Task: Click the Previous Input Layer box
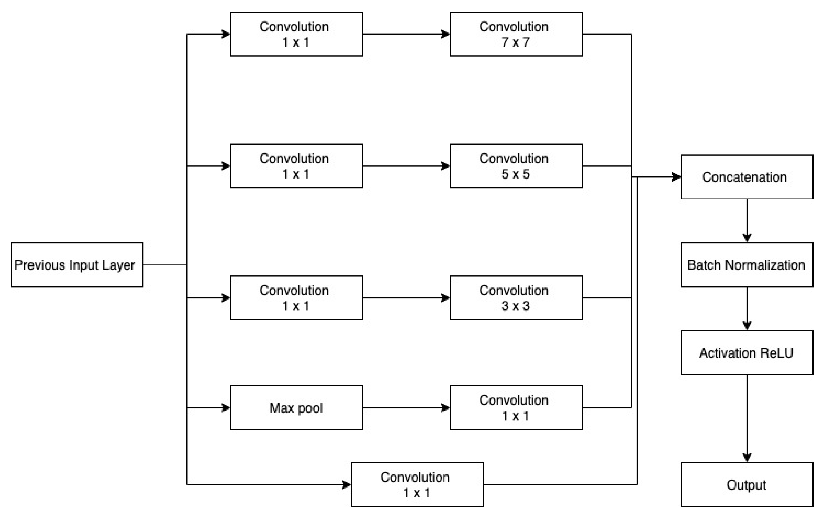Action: click(77, 265)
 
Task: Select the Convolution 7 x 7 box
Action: click(516, 34)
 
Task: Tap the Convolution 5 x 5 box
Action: click(516, 166)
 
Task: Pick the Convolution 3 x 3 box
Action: click(516, 298)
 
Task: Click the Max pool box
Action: click(296, 408)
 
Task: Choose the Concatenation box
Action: click(747, 177)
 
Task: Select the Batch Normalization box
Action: click(747, 265)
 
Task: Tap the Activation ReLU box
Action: click(747, 353)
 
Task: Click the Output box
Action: click(747, 485)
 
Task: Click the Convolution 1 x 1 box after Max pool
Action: click(516, 408)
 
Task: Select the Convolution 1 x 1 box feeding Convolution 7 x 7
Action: click(296, 34)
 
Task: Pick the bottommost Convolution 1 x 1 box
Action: click(417, 485)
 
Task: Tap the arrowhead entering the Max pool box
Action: click(226, 408)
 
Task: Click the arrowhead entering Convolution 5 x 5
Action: click(445, 166)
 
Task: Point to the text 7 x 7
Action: click(515, 42)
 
